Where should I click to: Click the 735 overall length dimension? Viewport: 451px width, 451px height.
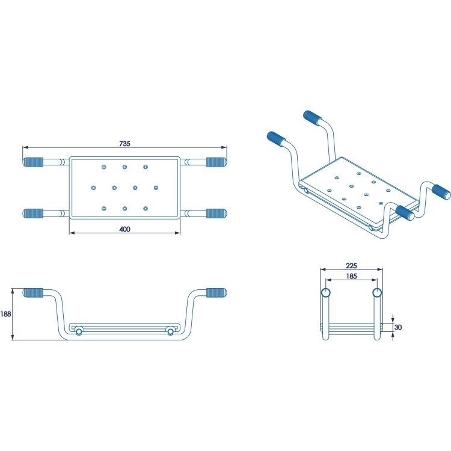click(x=124, y=143)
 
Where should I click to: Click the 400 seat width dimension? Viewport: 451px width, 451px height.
click(x=124, y=229)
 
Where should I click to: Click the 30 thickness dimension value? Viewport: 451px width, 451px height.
click(x=397, y=327)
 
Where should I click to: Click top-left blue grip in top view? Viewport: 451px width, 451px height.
click(x=34, y=162)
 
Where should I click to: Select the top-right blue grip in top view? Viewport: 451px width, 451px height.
click(x=216, y=162)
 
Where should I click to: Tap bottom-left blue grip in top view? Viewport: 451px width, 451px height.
click(x=34, y=213)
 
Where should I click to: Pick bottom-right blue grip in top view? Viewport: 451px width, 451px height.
click(x=216, y=213)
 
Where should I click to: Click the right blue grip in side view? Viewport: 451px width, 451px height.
click(x=216, y=293)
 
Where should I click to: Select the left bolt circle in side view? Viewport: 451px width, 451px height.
click(x=78, y=331)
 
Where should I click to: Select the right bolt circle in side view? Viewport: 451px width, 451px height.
click(x=171, y=331)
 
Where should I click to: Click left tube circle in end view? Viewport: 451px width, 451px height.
click(x=326, y=293)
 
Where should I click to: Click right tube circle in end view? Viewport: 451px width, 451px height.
click(x=377, y=293)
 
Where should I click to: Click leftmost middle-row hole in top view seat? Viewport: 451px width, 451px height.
click(x=93, y=188)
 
